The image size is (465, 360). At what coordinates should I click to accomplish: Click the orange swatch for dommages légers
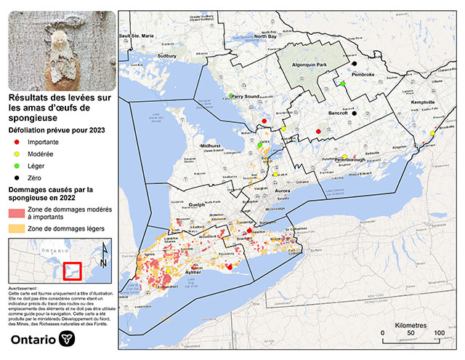[16, 228]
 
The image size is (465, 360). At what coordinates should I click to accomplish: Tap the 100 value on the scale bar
[439, 333]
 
